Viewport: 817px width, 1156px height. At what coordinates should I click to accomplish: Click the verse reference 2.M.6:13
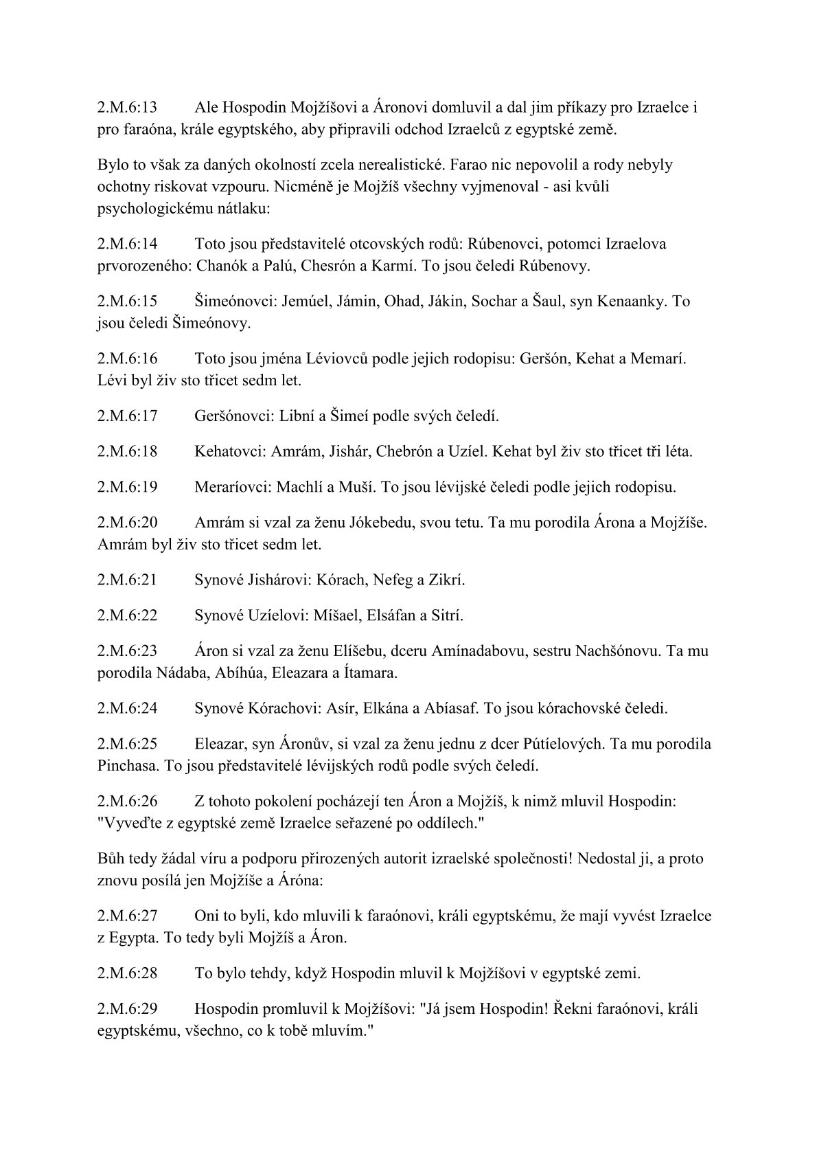pyautogui.click(x=127, y=108)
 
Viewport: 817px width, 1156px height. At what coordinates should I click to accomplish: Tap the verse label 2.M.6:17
pyautogui.click(x=127, y=416)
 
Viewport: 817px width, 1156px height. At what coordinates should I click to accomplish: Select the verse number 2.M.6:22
pyautogui.click(x=127, y=615)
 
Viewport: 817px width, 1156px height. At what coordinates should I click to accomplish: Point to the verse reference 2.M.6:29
pyautogui.click(x=127, y=1009)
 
